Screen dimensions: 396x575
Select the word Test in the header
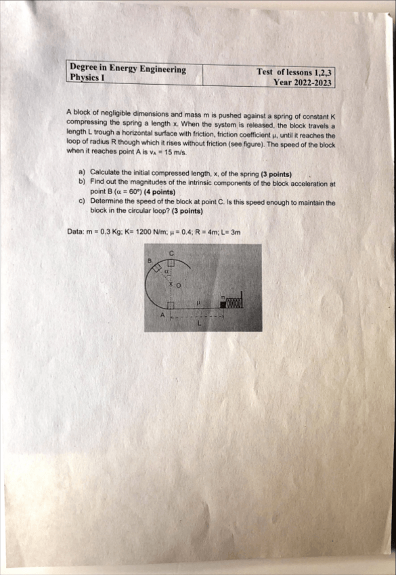265,72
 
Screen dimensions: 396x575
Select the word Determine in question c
110,202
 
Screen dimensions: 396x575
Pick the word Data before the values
76,232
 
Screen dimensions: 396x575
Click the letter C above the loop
171,253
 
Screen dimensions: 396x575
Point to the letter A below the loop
162,315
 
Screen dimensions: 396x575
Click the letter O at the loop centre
179,285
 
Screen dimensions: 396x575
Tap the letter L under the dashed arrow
200,323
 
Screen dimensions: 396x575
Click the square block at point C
171,262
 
